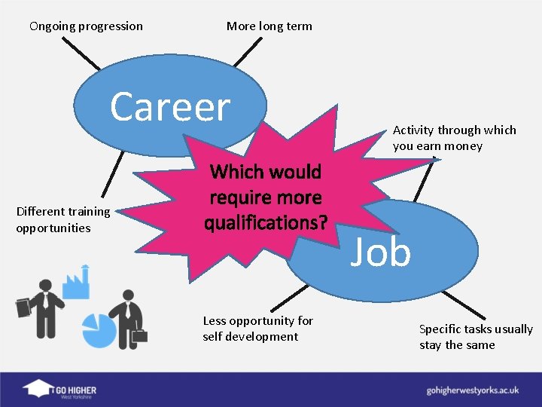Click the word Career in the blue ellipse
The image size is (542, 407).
tap(170, 107)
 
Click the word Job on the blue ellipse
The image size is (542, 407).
tap(382, 252)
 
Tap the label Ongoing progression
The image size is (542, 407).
tap(86, 26)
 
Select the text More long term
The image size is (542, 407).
tap(269, 26)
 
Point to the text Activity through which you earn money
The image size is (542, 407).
tap(454, 138)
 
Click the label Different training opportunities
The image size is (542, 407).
tap(63, 219)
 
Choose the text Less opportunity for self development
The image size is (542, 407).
tap(257, 329)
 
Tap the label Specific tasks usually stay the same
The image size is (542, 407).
tap(476, 337)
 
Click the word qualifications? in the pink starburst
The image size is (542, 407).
tap(265, 223)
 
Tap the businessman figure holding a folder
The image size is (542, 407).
tap(41, 309)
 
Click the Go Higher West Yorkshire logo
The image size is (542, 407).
tap(60, 390)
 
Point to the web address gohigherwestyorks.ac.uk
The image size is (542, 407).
tap(473, 390)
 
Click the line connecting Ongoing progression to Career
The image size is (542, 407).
tap(80, 53)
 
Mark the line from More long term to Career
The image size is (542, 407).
tap(245, 53)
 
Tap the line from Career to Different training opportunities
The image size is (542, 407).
tap(113, 173)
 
